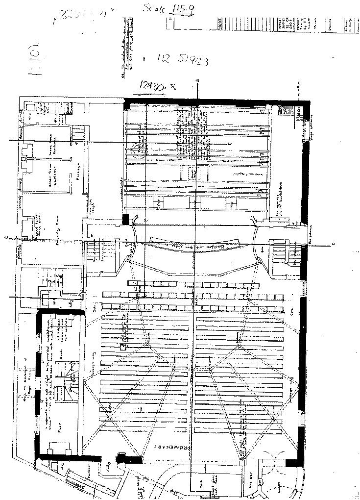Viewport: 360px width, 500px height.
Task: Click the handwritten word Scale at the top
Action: pos(153,8)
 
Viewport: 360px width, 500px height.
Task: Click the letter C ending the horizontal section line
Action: pos(333,244)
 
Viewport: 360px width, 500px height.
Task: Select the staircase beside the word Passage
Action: pos(78,133)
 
